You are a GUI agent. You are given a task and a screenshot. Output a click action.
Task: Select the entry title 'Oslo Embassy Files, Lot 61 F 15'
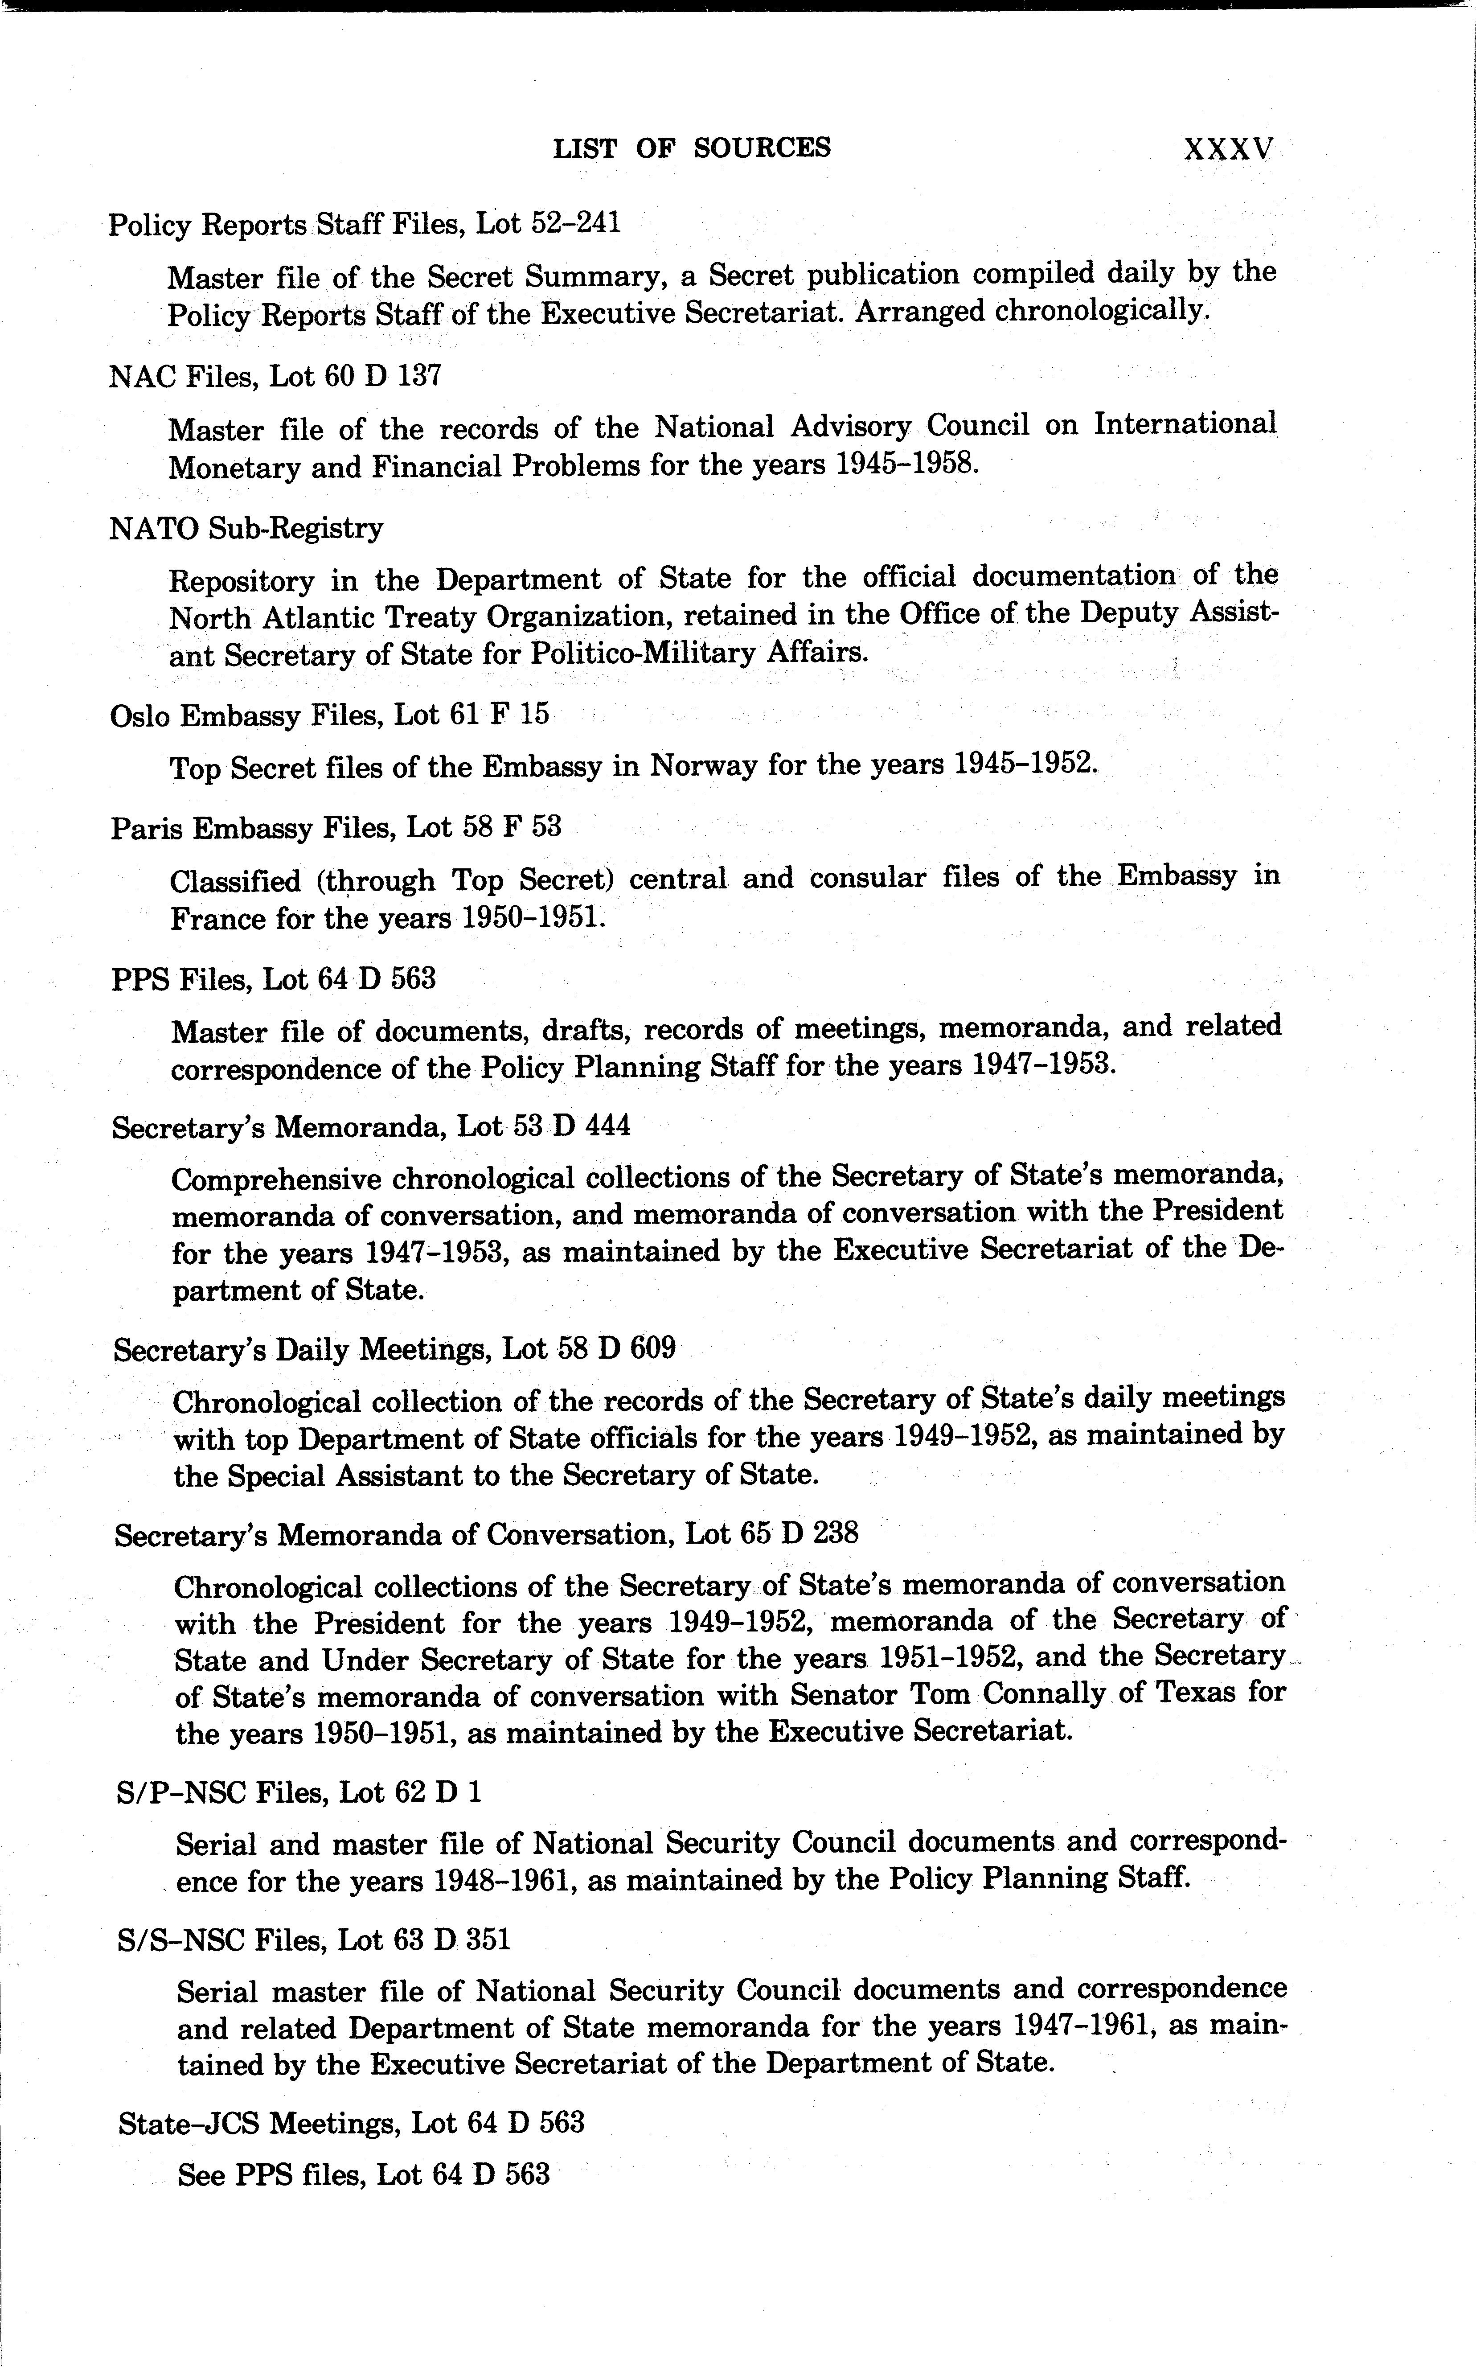coord(330,716)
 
